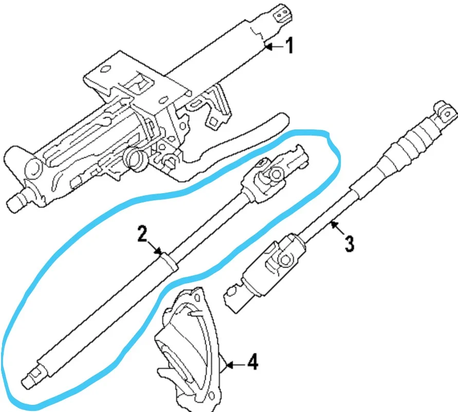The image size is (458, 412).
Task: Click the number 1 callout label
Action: pyautogui.click(x=289, y=46)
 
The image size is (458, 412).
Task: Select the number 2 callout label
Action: pyautogui.click(x=142, y=235)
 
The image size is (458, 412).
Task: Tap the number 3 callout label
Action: pyautogui.click(x=349, y=242)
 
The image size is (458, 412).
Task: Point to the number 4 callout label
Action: pyautogui.click(x=252, y=363)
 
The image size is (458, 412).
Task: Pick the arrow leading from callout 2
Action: pyautogui.click(x=156, y=248)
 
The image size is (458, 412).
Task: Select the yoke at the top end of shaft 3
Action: pyautogui.click(x=444, y=109)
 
